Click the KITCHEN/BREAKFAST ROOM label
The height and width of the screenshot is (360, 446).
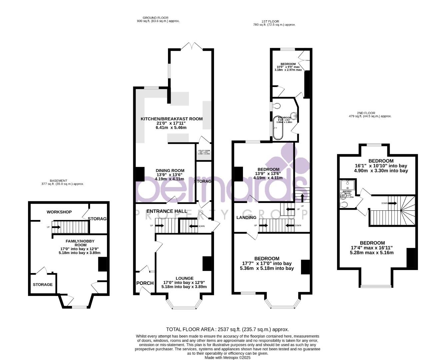point(171,119)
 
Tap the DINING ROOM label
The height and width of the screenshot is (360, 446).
point(170,171)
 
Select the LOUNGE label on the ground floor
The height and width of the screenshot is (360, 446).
point(184,278)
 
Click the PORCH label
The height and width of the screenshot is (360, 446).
point(145,283)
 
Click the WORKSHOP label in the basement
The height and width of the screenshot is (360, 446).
point(59,212)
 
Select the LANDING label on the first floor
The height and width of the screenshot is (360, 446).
point(246,217)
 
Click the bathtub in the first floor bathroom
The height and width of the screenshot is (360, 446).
point(278,128)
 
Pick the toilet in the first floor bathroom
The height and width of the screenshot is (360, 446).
point(276,106)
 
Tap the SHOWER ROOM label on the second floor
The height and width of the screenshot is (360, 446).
point(347,192)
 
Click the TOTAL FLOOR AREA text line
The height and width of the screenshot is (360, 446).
point(227,329)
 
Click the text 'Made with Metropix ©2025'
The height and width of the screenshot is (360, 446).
point(227,357)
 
